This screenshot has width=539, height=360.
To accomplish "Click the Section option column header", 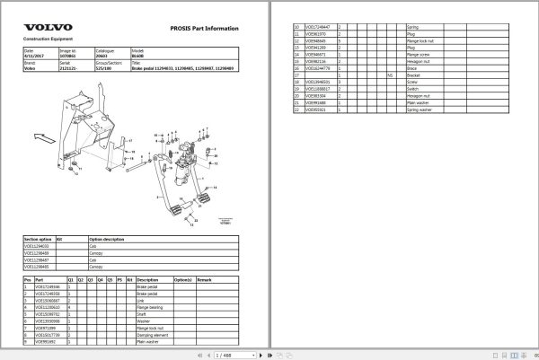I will pyautogui.click(x=38, y=240).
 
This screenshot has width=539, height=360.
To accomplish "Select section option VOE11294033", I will pyautogui.click(x=38, y=247).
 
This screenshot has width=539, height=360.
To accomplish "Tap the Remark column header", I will pyautogui.click(x=203, y=279).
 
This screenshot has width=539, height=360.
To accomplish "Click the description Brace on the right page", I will pyautogui.click(x=411, y=68).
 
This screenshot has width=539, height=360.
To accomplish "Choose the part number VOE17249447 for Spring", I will pyautogui.click(x=319, y=27).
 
